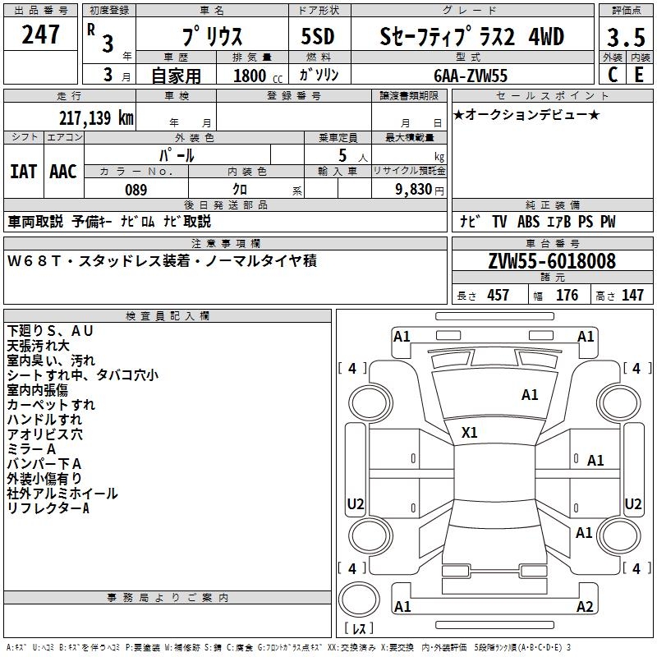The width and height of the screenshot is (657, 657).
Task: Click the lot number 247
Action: pyautogui.click(x=40, y=34)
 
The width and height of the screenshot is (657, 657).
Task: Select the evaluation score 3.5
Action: pyautogui.click(x=626, y=37)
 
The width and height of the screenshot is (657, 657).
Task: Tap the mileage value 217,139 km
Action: pyautogui.click(x=96, y=117)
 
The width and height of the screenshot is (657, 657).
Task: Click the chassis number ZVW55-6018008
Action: pyautogui.click(x=552, y=261)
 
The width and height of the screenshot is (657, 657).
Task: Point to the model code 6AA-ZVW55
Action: pyautogui.click(x=470, y=76)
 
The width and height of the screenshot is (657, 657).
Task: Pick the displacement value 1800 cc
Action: pyautogui.click(x=258, y=76)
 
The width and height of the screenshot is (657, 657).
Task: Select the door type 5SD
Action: pyautogui.click(x=318, y=36)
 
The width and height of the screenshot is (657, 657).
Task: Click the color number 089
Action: pyautogui.click(x=136, y=190)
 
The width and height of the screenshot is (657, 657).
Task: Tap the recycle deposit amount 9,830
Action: pyautogui.click(x=414, y=190)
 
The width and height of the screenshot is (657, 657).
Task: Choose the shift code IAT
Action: pyautogui.click(x=24, y=172)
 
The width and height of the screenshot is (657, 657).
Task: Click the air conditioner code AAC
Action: pyautogui.click(x=63, y=172)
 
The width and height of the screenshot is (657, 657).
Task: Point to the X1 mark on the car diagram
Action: pyautogui.click(x=469, y=433)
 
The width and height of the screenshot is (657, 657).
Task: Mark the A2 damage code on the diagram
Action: pyautogui.click(x=585, y=606)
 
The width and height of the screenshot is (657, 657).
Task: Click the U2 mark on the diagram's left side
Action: pyautogui.click(x=356, y=503)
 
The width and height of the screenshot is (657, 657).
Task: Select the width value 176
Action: pyautogui.click(x=567, y=295)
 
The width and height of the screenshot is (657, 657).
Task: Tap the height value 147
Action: pyautogui.click(x=632, y=295)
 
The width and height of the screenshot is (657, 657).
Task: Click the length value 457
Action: pyautogui.click(x=498, y=295)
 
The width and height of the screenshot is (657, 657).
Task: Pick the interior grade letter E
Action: pyautogui.click(x=639, y=75)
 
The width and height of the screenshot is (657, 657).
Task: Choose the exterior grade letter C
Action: pyautogui.click(x=613, y=75)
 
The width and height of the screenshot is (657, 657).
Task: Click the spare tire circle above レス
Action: pyautogui.click(x=359, y=600)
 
